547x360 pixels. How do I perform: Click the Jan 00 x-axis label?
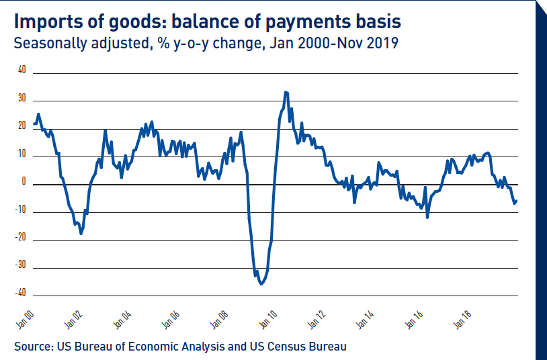25,319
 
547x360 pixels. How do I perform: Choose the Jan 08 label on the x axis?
220,319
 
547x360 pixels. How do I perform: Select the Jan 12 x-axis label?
317,319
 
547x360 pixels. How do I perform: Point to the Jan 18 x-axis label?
463,319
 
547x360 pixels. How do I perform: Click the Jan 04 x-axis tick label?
122,319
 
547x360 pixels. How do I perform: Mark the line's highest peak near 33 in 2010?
286,92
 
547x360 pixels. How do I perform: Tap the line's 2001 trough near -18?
81,233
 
